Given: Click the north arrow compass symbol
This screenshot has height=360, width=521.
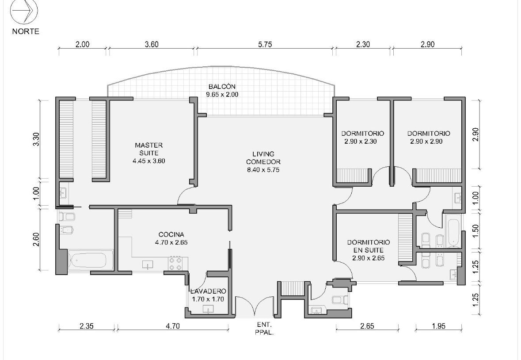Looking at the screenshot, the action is pyautogui.click(x=24, y=11).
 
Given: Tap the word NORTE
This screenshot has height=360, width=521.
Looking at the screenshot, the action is pyautogui.click(x=26, y=31).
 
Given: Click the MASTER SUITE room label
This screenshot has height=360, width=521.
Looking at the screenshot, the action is pyautogui.click(x=149, y=149).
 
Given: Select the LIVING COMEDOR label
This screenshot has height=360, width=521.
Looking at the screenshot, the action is pyautogui.click(x=263, y=158).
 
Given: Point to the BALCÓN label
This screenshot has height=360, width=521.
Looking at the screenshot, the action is pyautogui.click(x=222, y=87).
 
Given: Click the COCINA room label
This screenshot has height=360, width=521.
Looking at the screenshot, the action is pyautogui.click(x=171, y=235).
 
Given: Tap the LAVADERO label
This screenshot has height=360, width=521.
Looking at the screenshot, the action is pyautogui.click(x=208, y=291).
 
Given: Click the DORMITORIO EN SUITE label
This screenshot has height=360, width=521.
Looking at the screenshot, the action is pyautogui.click(x=369, y=246).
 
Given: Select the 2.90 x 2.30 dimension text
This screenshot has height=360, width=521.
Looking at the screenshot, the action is pyautogui.click(x=361, y=142).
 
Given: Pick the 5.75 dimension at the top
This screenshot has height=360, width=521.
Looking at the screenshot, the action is pyautogui.click(x=265, y=45).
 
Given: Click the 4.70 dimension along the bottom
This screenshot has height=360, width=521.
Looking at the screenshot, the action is pyautogui.click(x=172, y=326).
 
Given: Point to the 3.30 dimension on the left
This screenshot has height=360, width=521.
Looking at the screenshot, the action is pyautogui.click(x=36, y=139).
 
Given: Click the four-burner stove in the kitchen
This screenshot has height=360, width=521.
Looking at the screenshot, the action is pyautogui.click(x=175, y=263).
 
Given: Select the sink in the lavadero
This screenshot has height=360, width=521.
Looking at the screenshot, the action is pyautogui.click(x=209, y=309).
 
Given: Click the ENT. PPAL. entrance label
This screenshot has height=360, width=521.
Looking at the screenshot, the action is pyautogui.click(x=265, y=329).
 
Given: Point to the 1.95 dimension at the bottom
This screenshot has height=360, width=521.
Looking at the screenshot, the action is pyautogui.click(x=438, y=326).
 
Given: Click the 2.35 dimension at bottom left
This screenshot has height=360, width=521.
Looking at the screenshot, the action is pyautogui.click(x=86, y=326).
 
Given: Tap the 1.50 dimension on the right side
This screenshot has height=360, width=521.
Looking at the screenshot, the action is pyautogui.click(x=475, y=231).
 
